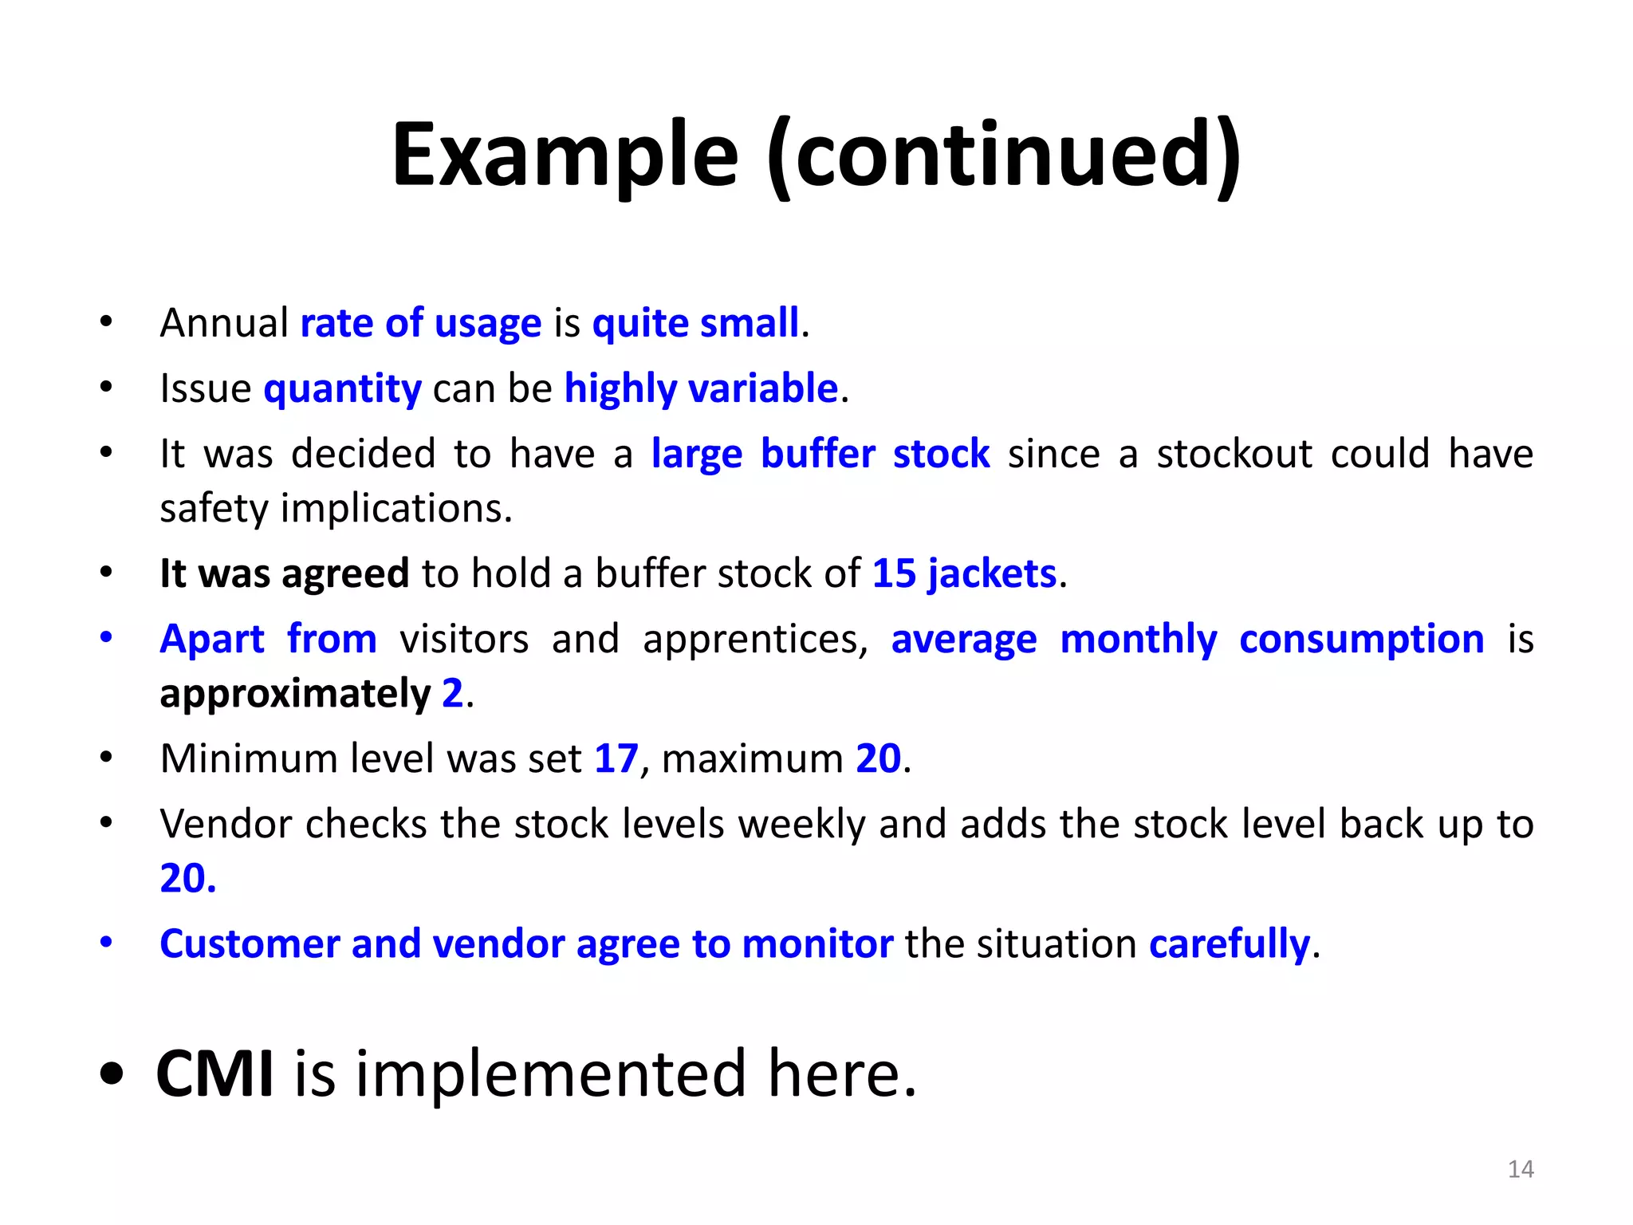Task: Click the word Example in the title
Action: [565, 156]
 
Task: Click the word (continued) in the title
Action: [1004, 156]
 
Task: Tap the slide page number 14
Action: [1521, 1169]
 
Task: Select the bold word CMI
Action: [215, 1074]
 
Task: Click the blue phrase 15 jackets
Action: [964, 573]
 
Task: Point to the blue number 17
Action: [616, 758]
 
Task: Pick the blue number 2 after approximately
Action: [452, 693]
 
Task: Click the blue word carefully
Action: [1229, 944]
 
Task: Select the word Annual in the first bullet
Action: [224, 324]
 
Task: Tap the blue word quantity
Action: [342, 389]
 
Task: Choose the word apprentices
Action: [754, 640]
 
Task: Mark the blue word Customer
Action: [250, 944]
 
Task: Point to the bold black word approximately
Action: [295, 693]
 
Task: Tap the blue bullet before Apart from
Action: [106, 638]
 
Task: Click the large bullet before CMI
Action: [112, 1074]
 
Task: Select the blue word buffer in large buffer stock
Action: [817, 455]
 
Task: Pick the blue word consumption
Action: [1361, 640]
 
